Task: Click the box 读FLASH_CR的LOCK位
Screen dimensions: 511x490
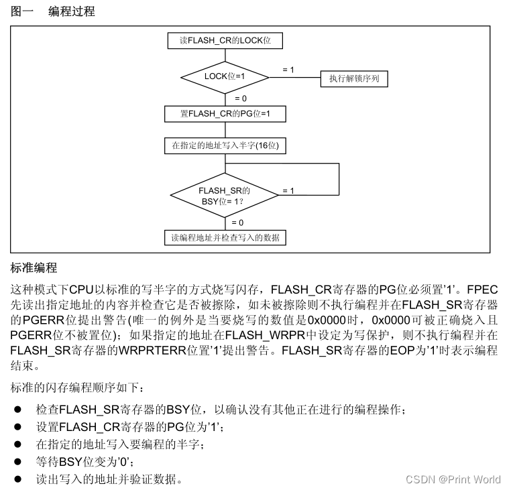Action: tap(225, 40)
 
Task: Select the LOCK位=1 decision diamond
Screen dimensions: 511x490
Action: tap(225, 76)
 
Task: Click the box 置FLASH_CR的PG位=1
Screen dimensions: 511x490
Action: tap(225, 114)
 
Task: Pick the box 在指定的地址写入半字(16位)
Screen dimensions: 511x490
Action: tap(225, 145)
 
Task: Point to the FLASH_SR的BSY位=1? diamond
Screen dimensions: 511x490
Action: tap(225, 196)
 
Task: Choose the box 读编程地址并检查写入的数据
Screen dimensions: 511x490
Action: tap(225, 237)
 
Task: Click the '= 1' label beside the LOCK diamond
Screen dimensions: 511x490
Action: tap(288, 70)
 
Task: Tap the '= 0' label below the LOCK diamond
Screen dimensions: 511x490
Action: tap(239, 99)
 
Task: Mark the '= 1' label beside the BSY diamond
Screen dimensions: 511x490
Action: tap(288, 191)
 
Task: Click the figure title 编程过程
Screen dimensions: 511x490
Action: tap(72, 11)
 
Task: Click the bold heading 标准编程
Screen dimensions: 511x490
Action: tap(34, 268)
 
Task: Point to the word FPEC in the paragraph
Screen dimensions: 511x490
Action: tap(482, 290)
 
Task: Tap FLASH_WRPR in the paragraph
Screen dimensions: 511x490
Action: tap(259, 334)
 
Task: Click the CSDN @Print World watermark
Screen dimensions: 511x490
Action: tap(453, 479)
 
